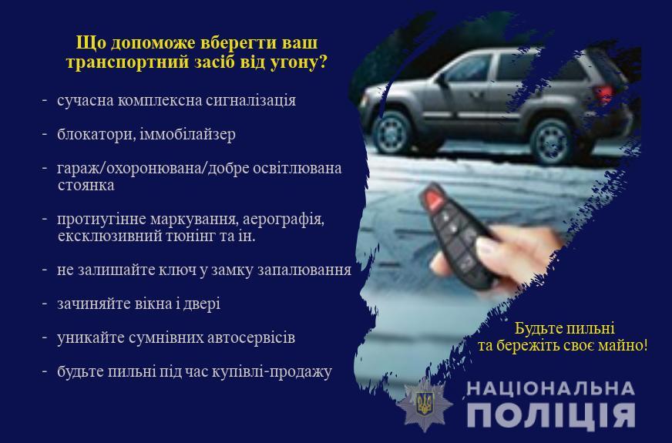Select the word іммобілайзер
(x=188, y=135)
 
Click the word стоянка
(x=86, y=185)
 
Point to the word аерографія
(x=284, y=220)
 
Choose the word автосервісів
(x=251, y=337)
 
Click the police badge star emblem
(x=425, y=404)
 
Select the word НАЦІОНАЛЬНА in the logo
(x=551, y=388)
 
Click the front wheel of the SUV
(x=391, y=132)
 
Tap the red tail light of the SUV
(x=603, y=93)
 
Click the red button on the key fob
(x=433, y=200)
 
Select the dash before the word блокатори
(x=44, y=134)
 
